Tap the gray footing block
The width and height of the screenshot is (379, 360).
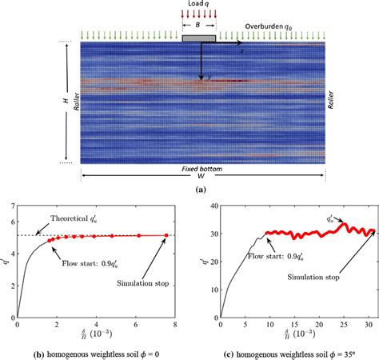coord(198,37)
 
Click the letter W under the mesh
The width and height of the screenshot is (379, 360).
coord(203,179)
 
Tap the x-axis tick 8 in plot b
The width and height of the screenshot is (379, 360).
coord(176,325)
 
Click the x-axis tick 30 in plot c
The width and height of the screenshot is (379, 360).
coord(368,325)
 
